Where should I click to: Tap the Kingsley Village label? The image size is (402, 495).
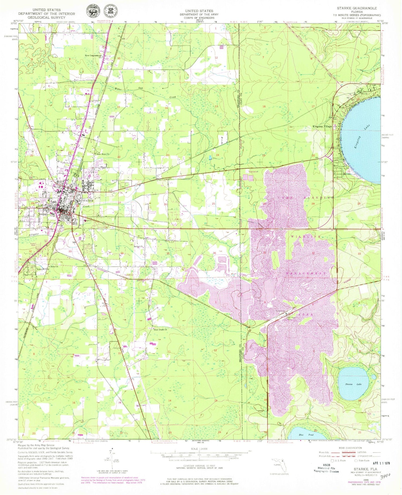coord(322,126)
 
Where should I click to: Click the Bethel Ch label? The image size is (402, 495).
coord(138,247)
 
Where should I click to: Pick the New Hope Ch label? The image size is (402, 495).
coord(103,154)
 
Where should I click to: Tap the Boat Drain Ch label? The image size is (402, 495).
coord(160,330)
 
